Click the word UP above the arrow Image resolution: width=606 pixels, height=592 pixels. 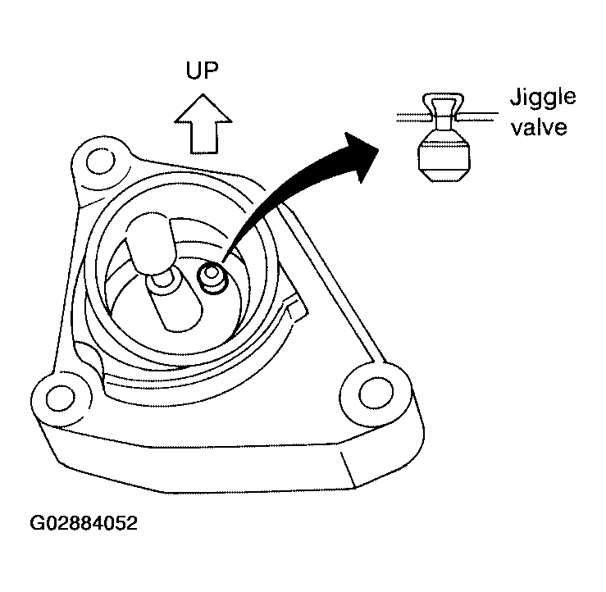(202, 71)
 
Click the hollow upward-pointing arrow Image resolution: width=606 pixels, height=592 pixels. (203, 124)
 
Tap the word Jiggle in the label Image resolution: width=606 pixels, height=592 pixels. (543, 98)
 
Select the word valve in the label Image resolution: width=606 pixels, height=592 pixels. (539, 127)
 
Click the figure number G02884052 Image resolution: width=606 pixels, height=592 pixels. (84, 523)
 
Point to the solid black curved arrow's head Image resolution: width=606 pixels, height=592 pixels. (359, 156)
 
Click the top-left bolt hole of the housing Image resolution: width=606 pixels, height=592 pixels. (101, 162)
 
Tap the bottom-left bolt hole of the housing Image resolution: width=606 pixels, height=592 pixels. (61, 398)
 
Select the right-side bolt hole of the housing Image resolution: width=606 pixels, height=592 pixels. (376, 394)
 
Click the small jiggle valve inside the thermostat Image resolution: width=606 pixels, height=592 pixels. (212, 276)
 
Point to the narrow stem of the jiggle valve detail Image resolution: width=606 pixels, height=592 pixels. (444, 122)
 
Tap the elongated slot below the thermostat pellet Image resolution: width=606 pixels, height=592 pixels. (173, 303)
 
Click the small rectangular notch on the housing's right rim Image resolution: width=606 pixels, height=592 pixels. (297, 309)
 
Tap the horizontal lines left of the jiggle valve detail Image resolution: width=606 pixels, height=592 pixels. (413, 117)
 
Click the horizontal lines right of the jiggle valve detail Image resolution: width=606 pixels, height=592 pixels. (478, 116)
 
